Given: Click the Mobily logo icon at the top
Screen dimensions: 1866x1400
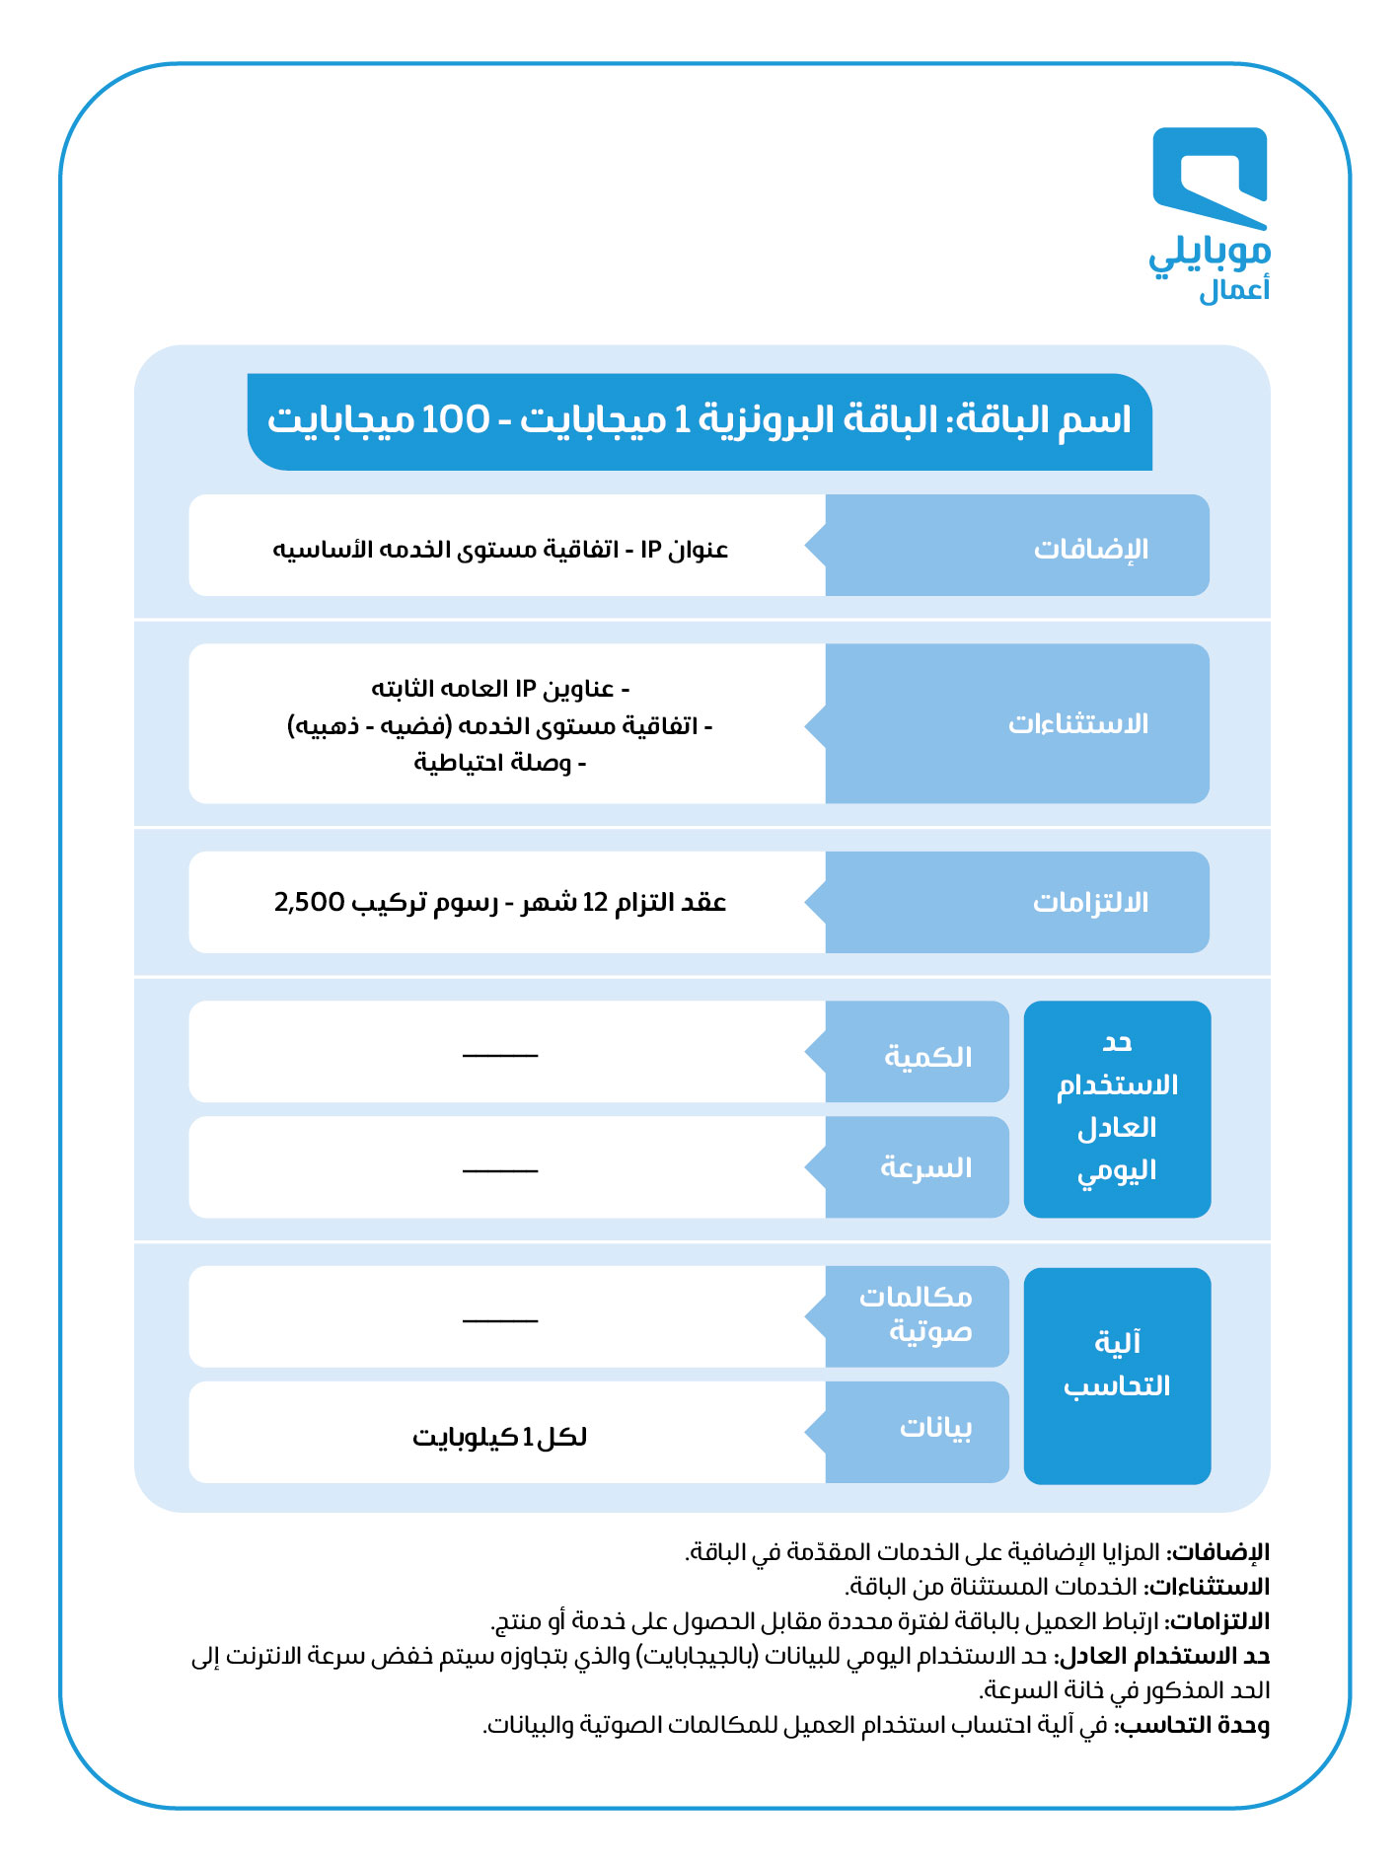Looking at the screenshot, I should point(1210,178).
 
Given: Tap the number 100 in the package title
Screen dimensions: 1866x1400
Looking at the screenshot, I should point(455,420).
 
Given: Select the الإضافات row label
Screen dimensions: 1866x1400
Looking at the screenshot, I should point(1090,549).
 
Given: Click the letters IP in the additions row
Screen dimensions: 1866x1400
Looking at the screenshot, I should point(651,550).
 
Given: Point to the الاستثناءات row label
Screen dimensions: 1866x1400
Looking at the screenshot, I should point(1077,724).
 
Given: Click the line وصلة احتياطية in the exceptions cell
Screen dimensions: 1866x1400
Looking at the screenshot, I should point(493,763).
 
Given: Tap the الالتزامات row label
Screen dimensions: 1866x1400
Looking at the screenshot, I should point(1090,903).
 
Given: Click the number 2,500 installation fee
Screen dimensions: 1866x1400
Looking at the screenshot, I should point(309,902).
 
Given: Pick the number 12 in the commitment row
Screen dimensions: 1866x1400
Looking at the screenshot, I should point(595,903).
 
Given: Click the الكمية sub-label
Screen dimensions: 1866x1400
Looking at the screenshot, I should point(927,1057).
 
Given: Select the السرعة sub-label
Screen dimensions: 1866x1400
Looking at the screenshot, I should point(925,1168).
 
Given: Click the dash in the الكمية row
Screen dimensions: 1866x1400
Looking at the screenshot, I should point(500,1055).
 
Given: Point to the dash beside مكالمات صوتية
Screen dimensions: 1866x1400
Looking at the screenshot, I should point(500,1319).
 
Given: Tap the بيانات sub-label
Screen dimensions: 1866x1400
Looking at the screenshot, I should point(935,1428).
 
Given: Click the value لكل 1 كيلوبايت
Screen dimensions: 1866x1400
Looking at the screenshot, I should point(499,1437).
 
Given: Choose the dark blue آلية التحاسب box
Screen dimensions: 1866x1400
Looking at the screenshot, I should point(1117,1376).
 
